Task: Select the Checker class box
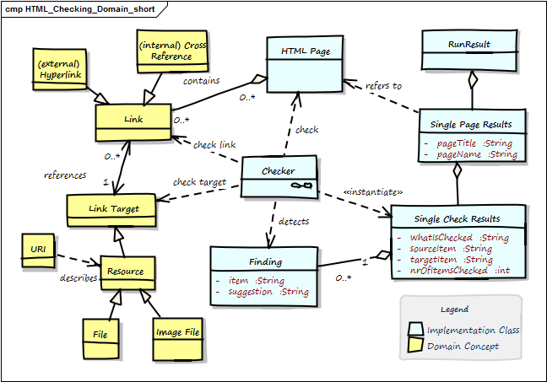(279, 178)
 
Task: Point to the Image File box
(178, 337)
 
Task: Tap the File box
(100, 337)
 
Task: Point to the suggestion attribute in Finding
(262, 291)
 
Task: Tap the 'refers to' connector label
(384, 86)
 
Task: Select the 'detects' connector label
(293, 221)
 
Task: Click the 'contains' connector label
(201, 81)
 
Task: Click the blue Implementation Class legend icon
(416, 330)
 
